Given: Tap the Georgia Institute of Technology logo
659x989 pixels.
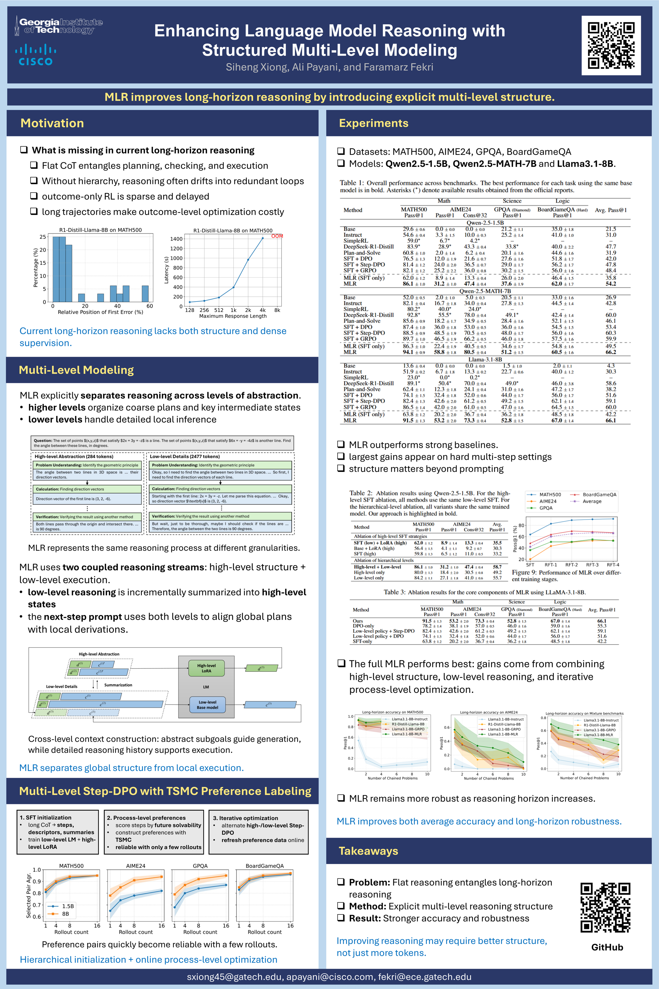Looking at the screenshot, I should point(59,26).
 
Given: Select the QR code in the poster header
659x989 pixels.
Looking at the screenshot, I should point(611,45).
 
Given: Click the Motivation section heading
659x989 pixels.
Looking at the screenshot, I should point(52,123).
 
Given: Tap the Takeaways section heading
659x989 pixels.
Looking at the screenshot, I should point(368,851).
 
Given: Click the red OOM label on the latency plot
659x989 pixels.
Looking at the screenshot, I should point(277,236).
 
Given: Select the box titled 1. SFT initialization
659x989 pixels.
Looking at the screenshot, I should point(58,832).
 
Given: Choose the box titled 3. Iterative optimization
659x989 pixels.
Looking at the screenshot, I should point(258,832).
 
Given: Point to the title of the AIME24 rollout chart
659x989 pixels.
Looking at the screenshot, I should point(135,866).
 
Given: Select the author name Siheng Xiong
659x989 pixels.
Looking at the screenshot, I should point(257,67).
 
